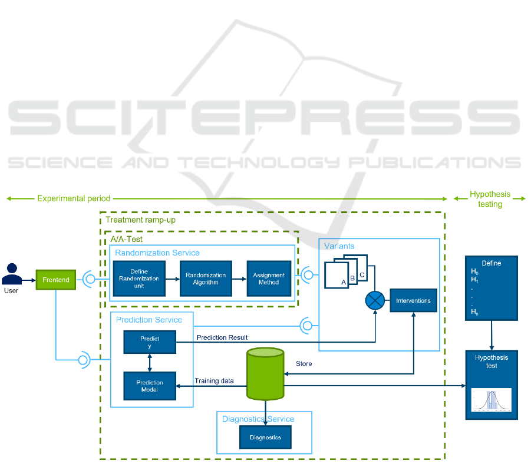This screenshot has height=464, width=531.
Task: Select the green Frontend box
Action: click(x=56, y=280)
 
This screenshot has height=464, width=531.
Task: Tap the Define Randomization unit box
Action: click(x=139, y=279)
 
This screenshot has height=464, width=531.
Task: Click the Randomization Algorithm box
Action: click(x=206, y=279)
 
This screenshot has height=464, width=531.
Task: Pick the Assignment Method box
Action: click(x=269, y=279)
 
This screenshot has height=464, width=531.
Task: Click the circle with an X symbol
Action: click(x=374, y=301)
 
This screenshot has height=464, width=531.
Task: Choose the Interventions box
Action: click(x=413, y=300)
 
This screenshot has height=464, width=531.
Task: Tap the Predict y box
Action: click(x=150, y=342)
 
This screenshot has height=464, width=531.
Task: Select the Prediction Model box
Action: click(x=150, y=386)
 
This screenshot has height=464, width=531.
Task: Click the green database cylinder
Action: click(x=265, y=374)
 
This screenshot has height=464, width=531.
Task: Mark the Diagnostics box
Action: click(x=265, y=437)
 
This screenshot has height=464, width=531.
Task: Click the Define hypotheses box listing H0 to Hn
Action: click(x=491, y=288)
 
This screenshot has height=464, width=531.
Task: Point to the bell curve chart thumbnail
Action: click(x=491, y=400)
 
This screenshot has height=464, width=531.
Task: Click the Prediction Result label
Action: click(x=222, y=337)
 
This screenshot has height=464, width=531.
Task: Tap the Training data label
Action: click(x=214, y=381)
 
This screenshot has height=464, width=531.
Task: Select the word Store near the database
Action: click(x=304, y=364)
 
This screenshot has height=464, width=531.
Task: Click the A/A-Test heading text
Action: click(x=127, y=240)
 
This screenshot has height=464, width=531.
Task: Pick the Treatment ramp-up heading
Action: click(x=140, y=220)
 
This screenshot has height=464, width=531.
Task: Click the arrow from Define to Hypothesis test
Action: click(x=492, y=335)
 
